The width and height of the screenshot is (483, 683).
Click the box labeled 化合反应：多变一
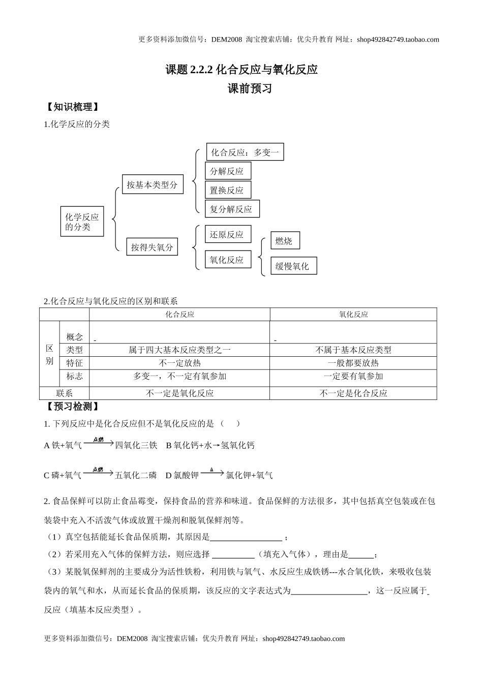click(245, 152)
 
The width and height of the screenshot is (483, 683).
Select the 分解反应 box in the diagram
click(228, 171)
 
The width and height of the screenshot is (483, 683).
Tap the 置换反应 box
click(228, 190)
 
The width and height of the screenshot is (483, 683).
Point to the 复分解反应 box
click(232, 209)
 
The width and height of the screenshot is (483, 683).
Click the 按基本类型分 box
click(152, 185)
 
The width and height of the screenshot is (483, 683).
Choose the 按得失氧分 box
click(152, 247)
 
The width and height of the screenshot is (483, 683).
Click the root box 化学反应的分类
click(81, 222)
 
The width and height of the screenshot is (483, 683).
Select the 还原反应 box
click(228, 235)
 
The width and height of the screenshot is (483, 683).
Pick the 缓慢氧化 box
click(293, 266)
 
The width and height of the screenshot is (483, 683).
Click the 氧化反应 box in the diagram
click(228, 260)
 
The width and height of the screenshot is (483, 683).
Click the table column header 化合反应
click(180, 315)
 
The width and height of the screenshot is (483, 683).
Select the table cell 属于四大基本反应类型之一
click(180, 350)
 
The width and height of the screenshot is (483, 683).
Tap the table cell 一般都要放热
click(353, 363)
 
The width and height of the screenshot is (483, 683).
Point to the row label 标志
click(75, 376)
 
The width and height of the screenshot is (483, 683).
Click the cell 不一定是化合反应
click(353, 393)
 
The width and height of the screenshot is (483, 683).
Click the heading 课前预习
click(250, 89)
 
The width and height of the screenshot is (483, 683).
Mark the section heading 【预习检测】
click(72, 407)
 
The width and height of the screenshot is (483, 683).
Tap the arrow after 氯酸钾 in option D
click(212, 473)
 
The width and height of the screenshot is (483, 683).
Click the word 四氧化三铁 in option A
click(136, 445)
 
